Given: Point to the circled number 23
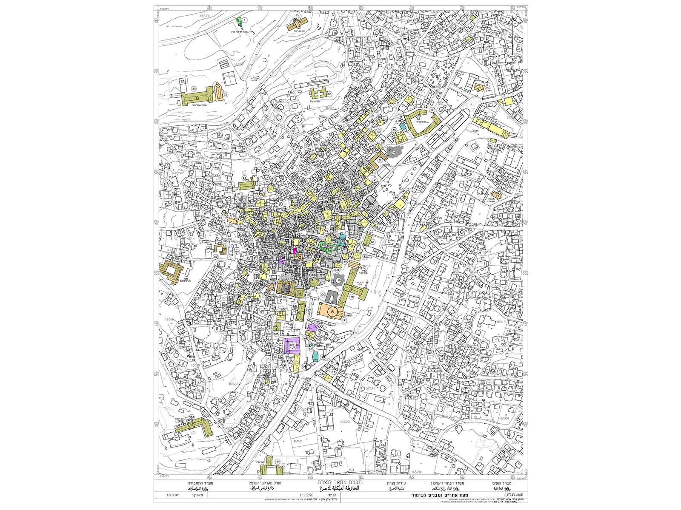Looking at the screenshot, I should [194, 89].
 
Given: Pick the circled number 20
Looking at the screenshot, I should [329, 94].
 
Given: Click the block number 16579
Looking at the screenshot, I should [205, 15].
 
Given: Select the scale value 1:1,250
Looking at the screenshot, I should [307, 495].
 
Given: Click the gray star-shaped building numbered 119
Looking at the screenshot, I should [338, 280].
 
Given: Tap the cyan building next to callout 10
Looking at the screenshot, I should [402, 126].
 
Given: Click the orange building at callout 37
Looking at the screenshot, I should [500, 193].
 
